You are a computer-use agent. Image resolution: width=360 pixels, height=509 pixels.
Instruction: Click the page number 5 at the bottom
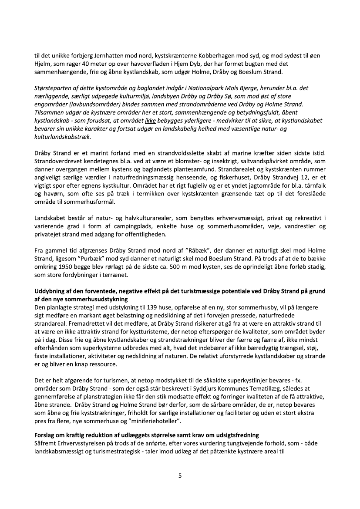(180, 475)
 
